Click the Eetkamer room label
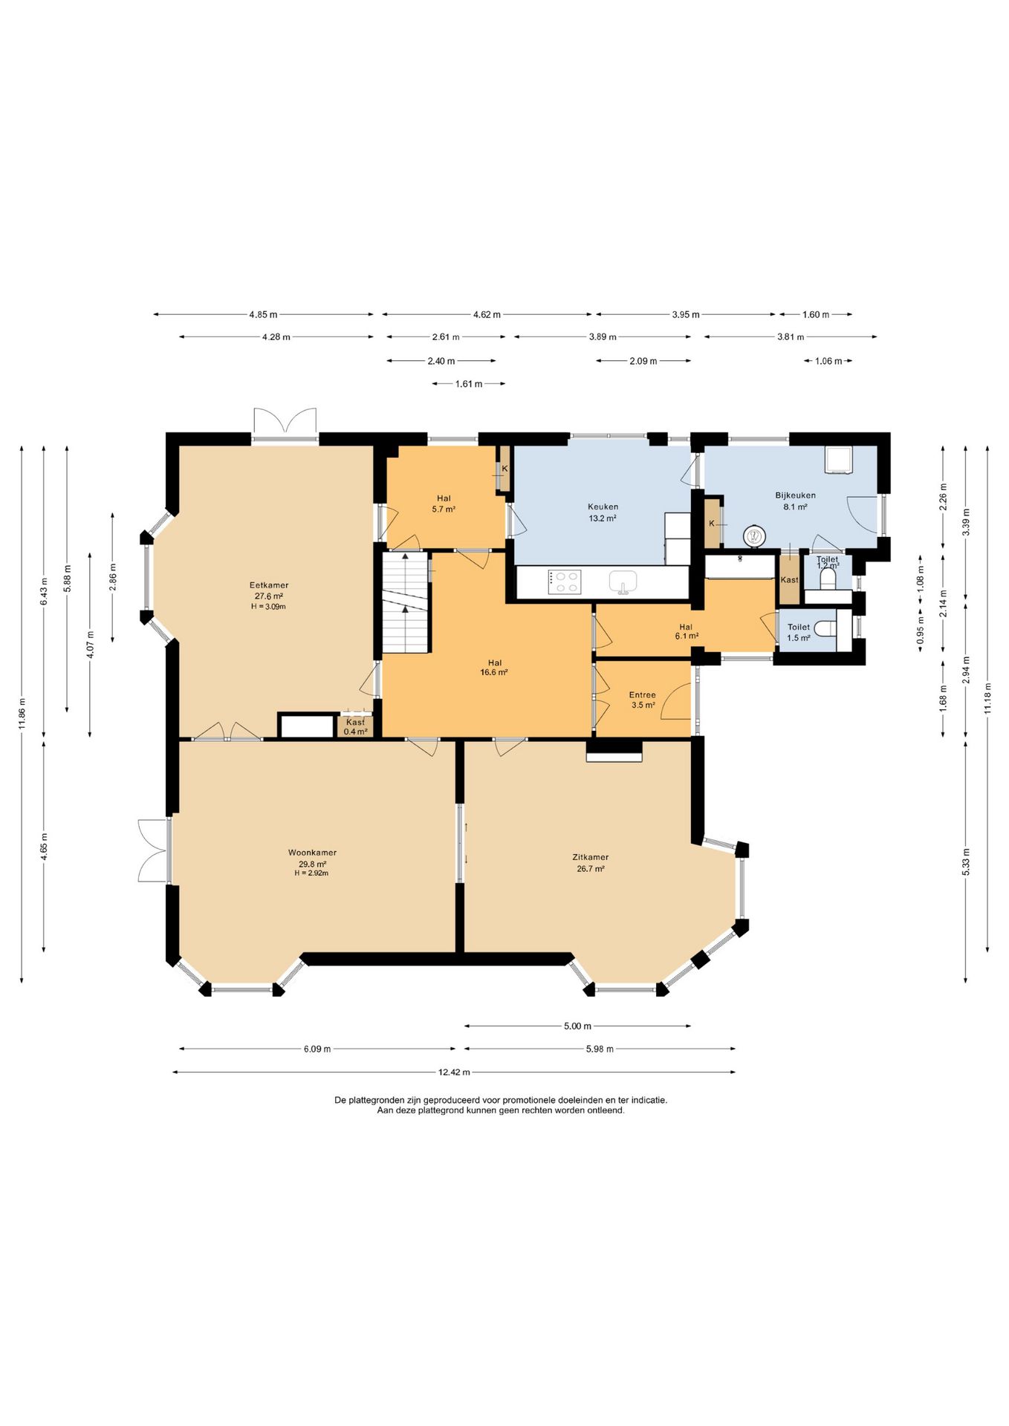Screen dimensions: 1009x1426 tap(269, 585)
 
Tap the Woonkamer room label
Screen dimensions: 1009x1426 tap(312, 853)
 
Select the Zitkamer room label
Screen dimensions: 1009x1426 tap(591, 857)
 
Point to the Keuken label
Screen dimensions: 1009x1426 tap(603, 507)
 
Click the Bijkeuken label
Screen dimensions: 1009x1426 tap(795, 495)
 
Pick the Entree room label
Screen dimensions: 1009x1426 tap(643, 695)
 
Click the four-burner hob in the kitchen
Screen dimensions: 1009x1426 tap(565, 582)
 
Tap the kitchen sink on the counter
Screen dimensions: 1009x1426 tap(623, 582)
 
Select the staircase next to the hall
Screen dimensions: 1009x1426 tap(406, 602)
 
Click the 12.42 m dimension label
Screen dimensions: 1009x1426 tap(454, 1072)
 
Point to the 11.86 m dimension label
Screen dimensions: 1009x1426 tap(22, 714)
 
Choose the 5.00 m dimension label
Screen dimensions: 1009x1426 tap(577, 1026)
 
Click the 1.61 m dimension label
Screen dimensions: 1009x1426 tap(469, 384)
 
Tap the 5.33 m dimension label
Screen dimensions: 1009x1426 tap(966, 862)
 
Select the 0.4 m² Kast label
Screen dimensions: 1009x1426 tap(355, 727)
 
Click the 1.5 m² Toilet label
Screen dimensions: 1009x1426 tap(799, 632)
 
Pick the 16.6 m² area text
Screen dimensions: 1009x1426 tap(494, 673)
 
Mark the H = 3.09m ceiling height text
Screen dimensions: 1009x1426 tap(269, 607)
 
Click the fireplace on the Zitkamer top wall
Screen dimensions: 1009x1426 tap(614, 751)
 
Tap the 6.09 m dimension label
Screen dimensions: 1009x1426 tap(317, 1049)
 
